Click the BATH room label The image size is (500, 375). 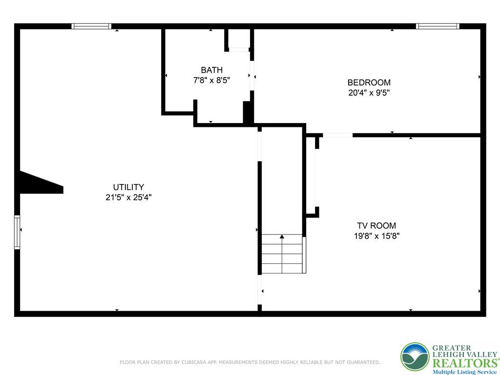pos(212,70)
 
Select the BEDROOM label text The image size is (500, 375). pos(369,83)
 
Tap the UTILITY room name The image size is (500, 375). pos(128,187)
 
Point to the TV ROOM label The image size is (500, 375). pos(376,226)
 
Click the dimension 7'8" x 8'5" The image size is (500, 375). pos(212,80)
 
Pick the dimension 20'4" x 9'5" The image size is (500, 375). pos(369,93)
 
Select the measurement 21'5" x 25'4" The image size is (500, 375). pos(128,197)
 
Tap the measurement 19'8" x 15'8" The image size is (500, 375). pos(376,236)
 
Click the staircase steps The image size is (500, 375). pos(282,254)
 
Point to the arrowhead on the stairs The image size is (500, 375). pos(282,237)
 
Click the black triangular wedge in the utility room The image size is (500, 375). pos(41,183)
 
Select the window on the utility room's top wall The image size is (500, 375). pos(91,26)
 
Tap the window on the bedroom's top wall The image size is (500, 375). pos(437,26)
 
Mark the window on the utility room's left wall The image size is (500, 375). pos(17,232)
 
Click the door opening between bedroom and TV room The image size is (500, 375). pos(338,135)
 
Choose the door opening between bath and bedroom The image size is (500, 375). pos(252,76)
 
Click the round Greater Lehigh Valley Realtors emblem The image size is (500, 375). pos(415,357)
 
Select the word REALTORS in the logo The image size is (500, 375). pos(464,363)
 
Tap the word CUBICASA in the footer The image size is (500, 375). pos(194,362)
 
